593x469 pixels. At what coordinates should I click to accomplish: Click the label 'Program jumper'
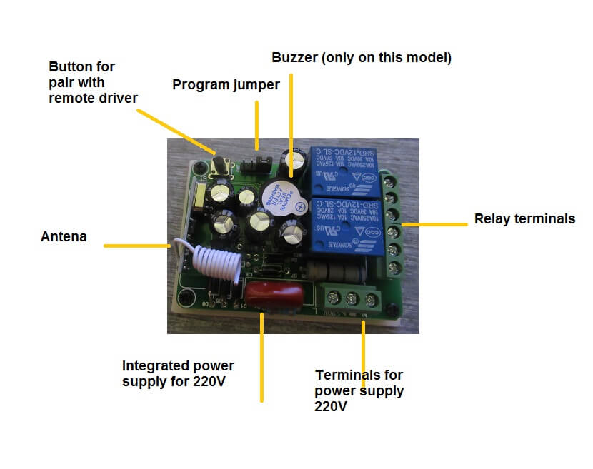[x=226, y=85]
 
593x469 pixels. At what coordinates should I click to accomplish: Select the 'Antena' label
[x=64, y=236]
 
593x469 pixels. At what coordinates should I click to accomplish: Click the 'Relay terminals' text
[x=524, y=219]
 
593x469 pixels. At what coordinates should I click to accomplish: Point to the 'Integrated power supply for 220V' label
[x=178, y=373]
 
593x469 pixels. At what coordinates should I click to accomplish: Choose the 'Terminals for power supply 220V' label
[x=359, y=390]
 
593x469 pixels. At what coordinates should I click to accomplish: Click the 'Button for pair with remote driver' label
[x=92, y=82]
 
